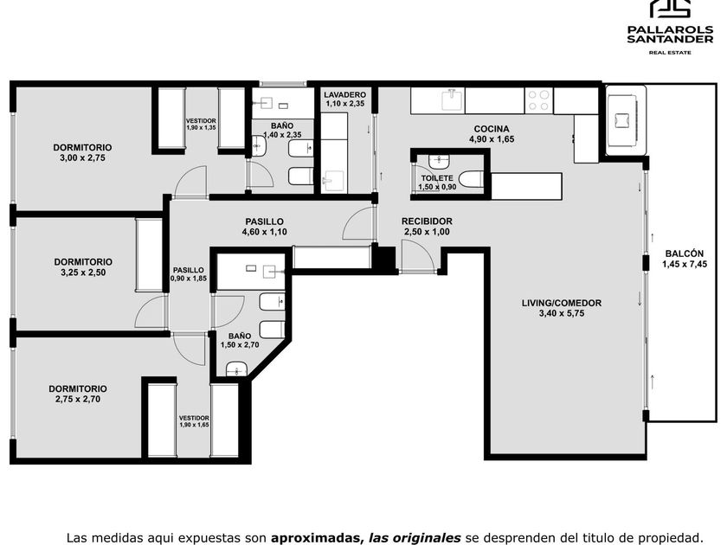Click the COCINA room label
click(x=492, y=129)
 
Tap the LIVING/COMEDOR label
click(x=562, y=303)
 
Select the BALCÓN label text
click(x=685, y=253)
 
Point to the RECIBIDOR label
click(x=427, y=221)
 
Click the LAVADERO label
click(x=345, y=94)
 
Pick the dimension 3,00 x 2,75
click(x=82, y=157)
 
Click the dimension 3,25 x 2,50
click(x=83, y=272)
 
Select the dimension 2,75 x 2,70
click(x=77, y=399)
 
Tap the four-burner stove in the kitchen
click(x=538, y=100)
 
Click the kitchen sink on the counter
click(x=453, y=100)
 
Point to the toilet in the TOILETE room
click(x=471, y=179)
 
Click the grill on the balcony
click(x=626, y=120)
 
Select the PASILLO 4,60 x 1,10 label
click(x=264, y=227)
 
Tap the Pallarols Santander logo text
click(x=670, y=34)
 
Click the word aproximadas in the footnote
click(x=317, y=537)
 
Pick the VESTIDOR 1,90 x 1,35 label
click(x=201, y=125)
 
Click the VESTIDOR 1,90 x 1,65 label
click(x=194, y=421)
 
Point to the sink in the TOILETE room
click(x=439, y=162)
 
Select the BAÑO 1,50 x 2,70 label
click(x=240, y=340)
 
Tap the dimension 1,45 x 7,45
click(x=685, y=264)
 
